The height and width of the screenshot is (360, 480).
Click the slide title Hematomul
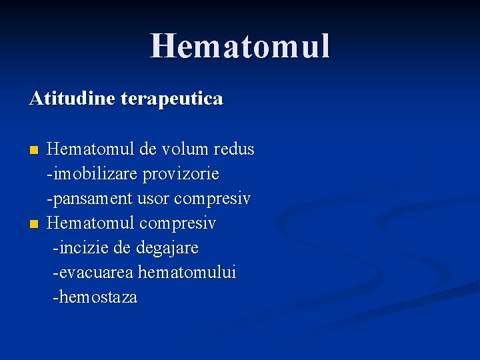pos(240,47)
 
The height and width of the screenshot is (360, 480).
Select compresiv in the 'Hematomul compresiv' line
pos(177,223)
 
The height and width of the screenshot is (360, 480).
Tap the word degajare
pos(167,248)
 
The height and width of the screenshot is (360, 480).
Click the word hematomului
pos(187,273)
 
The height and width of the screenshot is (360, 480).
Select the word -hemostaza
pos(95,297)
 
